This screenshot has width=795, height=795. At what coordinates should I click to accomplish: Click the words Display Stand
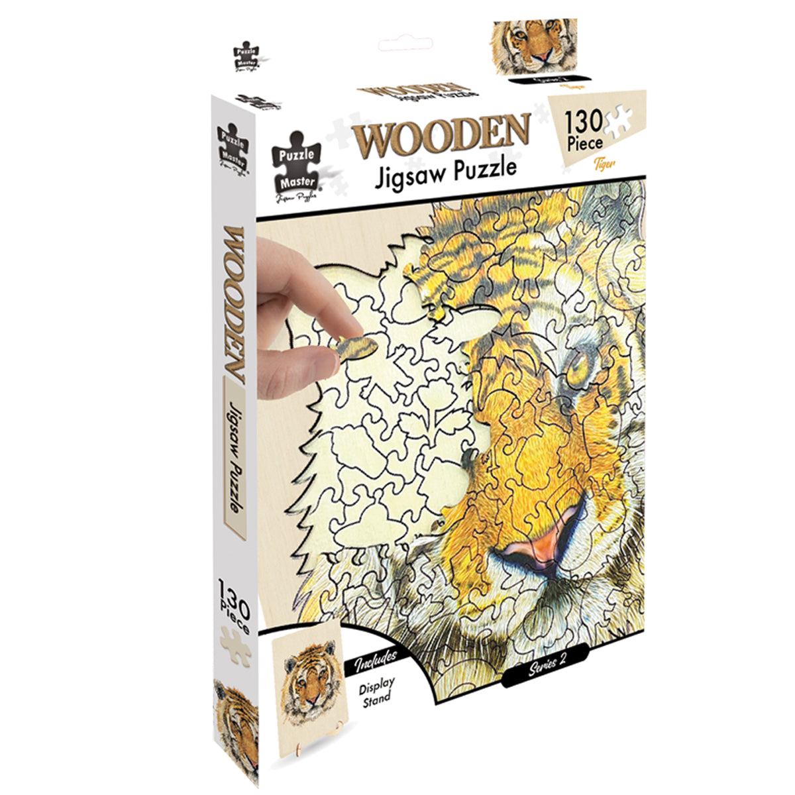pyautogui.click(x=376, y=689)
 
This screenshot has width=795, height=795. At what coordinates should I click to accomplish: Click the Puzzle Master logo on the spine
pyautogui.click(x=231, y=148)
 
